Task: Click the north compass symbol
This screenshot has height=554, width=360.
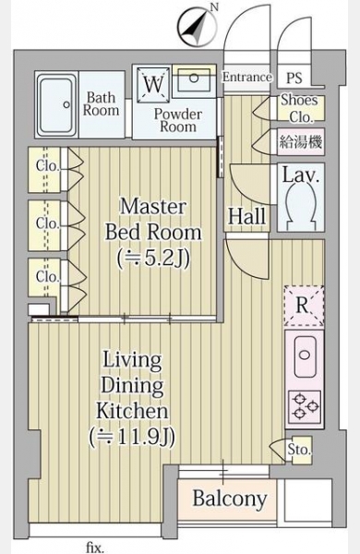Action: [198, 27]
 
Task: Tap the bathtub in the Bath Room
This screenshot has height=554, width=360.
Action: [57, 105]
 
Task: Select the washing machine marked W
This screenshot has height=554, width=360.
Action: [153, 84]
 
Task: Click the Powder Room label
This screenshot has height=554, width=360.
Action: [178, 120]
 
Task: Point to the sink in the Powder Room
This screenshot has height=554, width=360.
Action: [194, 78]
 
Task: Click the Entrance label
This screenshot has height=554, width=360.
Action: [247, 77]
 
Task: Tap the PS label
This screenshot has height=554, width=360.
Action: [294, 78]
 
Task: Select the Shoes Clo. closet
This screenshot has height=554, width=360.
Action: [301, 108]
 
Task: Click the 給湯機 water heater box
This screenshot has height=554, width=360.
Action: [301, 142]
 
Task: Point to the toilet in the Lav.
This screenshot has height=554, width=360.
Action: [301, 205]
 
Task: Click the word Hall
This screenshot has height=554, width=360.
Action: [246, 216]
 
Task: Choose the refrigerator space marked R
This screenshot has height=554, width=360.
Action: [304, 306]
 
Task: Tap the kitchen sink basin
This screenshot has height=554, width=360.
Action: [306, 356]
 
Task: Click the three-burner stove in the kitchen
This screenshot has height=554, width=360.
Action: [305, 405]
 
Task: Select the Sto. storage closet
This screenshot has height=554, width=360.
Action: [298, 450]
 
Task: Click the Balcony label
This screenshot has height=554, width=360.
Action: [230, 499]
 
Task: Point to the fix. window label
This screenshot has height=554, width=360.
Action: [95, 548]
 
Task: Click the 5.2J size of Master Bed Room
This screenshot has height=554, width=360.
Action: [153, 259]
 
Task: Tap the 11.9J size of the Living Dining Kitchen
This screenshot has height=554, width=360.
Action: [132, 438]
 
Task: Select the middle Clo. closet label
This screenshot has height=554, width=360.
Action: [47, 223]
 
